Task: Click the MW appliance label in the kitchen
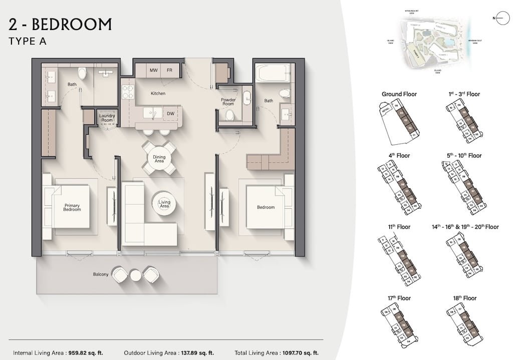coord(154,71)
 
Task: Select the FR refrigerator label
coord(169,71)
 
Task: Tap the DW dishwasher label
coord(170,114)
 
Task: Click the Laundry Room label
coord(107,118)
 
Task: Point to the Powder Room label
coord(228,102)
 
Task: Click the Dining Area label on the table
coord(159,159)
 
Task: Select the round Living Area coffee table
coord(164,204)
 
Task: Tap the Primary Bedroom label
coord(72,207)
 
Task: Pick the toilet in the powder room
coord(229,116)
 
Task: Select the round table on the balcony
coord(136,274)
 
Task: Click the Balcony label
coord(101,274)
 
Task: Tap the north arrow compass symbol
coord(499,19)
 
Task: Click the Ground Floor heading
coord(399,94)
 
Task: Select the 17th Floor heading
coord(399,298)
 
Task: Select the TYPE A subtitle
coord(28,42)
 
